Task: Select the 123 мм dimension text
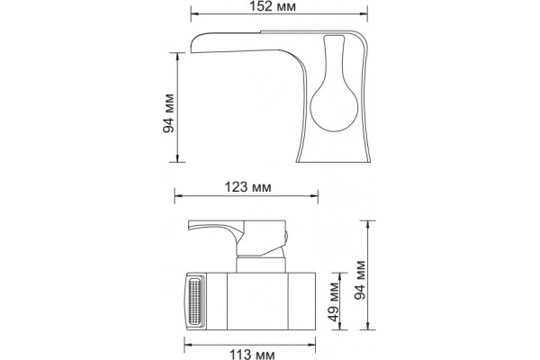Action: [x=248, y=187]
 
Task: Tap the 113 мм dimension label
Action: [x=252, y=355]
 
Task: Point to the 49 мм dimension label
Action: [x=333, y=302]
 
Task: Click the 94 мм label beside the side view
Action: [x=169, y=113]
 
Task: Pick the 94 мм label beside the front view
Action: [x=360, y=280]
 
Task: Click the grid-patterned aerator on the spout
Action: [x=195, y=301]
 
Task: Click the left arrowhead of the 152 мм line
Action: [x=195, y=13]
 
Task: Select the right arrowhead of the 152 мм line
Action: [x=364, y=13]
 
